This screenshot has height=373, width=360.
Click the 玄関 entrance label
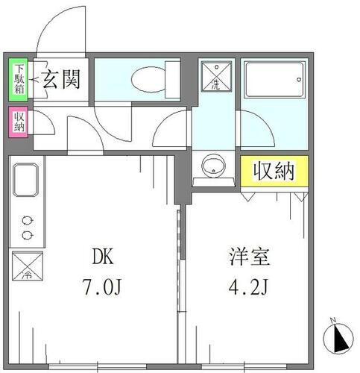click(x=61, y=78)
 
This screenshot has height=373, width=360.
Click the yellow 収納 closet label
click(x=272, y=171)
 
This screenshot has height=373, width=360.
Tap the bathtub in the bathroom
click(x=273, y=78)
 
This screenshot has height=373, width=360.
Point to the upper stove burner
click(x=28, y=220)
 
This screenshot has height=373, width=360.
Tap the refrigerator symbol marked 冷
click(x=27, y=266)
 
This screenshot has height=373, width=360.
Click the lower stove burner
click(x=28, y=235)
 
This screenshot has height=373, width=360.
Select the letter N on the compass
click(x=334, y=322)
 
